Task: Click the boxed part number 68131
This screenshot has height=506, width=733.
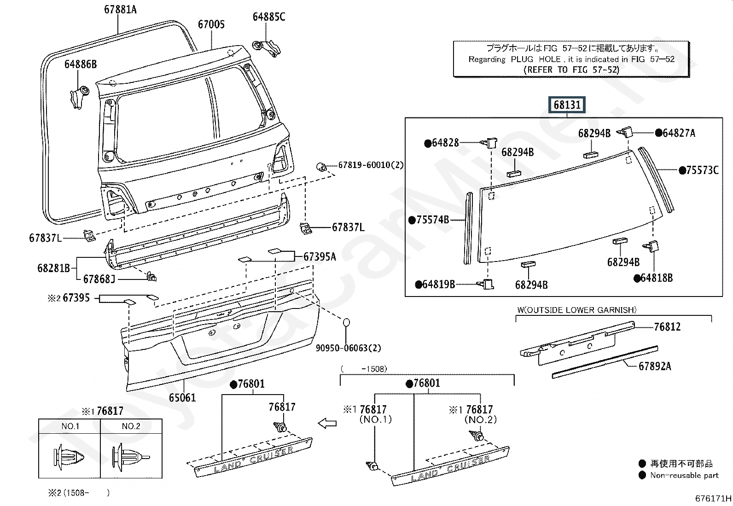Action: (x=567, y=105)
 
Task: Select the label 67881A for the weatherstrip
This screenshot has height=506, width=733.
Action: (x=121, y=10)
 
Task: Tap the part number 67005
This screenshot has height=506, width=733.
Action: (x=211, y=24)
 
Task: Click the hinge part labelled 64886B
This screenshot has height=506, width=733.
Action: (x=80, y=97)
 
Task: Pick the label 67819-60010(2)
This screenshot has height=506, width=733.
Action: (x=371, y=165)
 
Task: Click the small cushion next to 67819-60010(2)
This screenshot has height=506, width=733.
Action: (x=321, y=167)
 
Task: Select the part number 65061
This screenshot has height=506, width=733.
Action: (x=182, y=398)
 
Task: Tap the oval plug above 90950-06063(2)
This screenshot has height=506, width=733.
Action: (x=346, y=322)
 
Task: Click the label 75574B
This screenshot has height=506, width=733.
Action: (x=429, y=220)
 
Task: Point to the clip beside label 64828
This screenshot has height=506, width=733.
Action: (x=489, y=143)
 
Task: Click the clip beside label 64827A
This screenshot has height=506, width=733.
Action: (x=625, y=132)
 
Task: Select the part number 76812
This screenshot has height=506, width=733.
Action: (x=667, y=326)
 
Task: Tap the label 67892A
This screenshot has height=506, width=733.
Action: (x=654, y=366)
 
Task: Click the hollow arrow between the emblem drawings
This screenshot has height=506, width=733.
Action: (x=327, y=423)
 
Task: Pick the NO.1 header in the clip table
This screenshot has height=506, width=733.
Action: (x=70, y=426)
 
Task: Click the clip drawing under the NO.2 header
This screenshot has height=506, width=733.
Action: (x=131, y=457)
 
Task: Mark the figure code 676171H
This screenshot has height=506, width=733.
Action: (x=713, y=498)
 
